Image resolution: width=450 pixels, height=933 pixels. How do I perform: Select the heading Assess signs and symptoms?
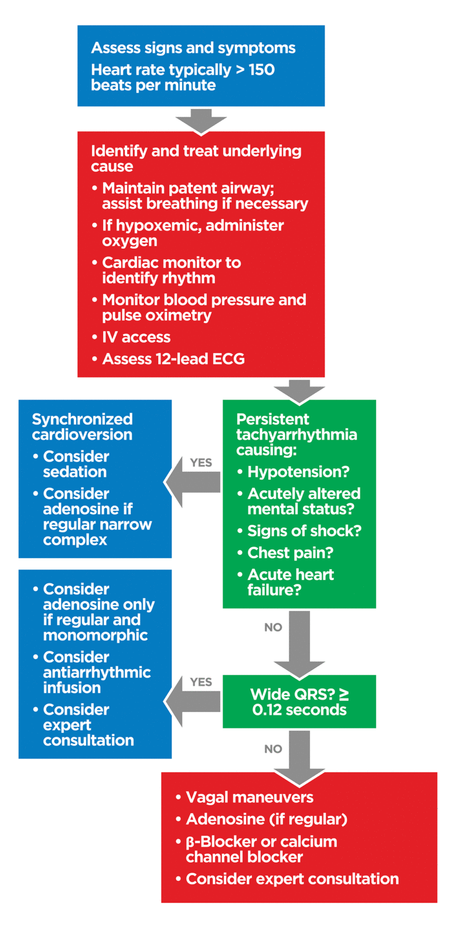(193, 48)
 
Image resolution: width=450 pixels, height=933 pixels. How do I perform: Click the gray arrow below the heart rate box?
(200, 120)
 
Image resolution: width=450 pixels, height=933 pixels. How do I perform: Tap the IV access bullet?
(136, 337)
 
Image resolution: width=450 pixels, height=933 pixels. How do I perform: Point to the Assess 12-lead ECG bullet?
(173, 359)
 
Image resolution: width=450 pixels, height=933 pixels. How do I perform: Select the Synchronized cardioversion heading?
(82, 427)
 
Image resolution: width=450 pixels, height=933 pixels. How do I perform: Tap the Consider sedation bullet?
(76, 464)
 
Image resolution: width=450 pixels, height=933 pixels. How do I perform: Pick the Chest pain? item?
(282, 553)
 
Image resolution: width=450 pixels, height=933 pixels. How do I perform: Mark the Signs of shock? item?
(304, 531)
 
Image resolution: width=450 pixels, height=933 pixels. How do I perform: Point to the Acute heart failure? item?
(290, 582)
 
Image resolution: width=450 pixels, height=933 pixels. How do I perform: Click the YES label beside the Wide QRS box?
(201, 682)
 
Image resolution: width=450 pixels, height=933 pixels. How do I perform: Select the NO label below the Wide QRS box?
(273, 749)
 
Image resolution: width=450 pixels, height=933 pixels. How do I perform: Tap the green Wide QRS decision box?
(299, 702)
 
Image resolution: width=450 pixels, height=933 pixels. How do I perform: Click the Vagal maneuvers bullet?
(249, 798)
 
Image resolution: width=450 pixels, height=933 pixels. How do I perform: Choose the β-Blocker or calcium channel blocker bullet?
(261, 849)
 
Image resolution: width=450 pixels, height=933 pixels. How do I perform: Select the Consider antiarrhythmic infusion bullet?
(96, 673)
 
